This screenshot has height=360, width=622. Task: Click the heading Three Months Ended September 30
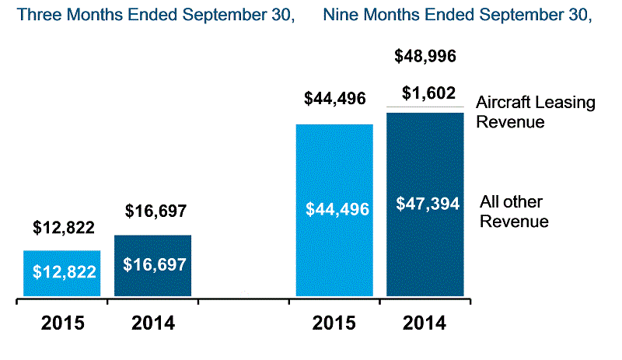(x=156, y=15)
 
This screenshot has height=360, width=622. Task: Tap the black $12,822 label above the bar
(x=64, y=228)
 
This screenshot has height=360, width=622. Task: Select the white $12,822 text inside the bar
(x=64, y=271)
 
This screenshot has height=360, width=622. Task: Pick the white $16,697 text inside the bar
(x=155, y=264)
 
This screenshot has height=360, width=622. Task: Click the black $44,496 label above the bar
(x=335, y=98)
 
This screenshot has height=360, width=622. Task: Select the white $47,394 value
(x=425, y=204)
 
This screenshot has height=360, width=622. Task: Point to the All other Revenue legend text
(x=514, y=211)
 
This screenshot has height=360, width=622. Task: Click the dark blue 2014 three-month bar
(x=154, y=284)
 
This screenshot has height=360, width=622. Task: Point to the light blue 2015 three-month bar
(x=63, y=288)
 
